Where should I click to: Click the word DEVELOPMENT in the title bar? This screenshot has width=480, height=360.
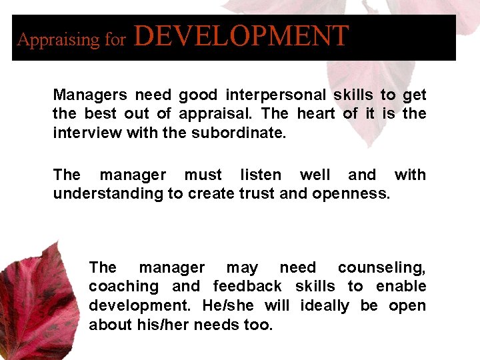click(x=241, y=36)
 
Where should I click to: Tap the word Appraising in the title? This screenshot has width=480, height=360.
click(x=57, y=40)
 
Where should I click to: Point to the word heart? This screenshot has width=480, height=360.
click(x=316, y=114)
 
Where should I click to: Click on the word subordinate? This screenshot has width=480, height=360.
click(x=238, y=133)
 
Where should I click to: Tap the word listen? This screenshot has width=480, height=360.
click(x=261, y=175)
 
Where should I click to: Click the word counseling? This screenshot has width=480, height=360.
click(x=381, y=268)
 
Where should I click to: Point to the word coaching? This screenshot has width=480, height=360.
click(x=123, y=287)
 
